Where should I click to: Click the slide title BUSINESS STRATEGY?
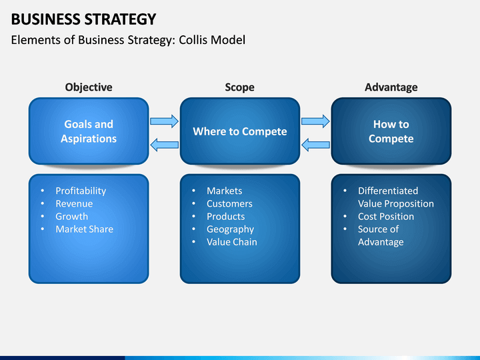point(83,19)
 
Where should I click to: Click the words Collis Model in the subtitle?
point(212,40)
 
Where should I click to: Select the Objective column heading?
point(89,87)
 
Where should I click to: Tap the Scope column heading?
point(240,87)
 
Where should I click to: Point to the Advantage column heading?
point(391,87)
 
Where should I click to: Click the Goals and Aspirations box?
point(89,131)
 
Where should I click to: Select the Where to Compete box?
point(240,131)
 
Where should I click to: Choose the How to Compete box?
point(391,131)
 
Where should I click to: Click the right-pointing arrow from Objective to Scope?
point(164,121)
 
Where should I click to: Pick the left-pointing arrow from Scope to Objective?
point(165,145)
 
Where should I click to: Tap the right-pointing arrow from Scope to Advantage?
point(315,121)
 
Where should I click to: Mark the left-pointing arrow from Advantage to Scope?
point(315,145)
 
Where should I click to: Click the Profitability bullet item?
point(81,191)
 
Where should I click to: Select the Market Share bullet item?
point(85,229)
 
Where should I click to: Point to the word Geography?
point(231,229)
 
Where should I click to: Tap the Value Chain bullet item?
point(232,242)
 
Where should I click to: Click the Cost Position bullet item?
point(386,217)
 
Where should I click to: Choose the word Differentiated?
point(388,191)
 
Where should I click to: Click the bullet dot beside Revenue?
point(43,203)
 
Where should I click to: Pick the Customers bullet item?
point(229,203)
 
